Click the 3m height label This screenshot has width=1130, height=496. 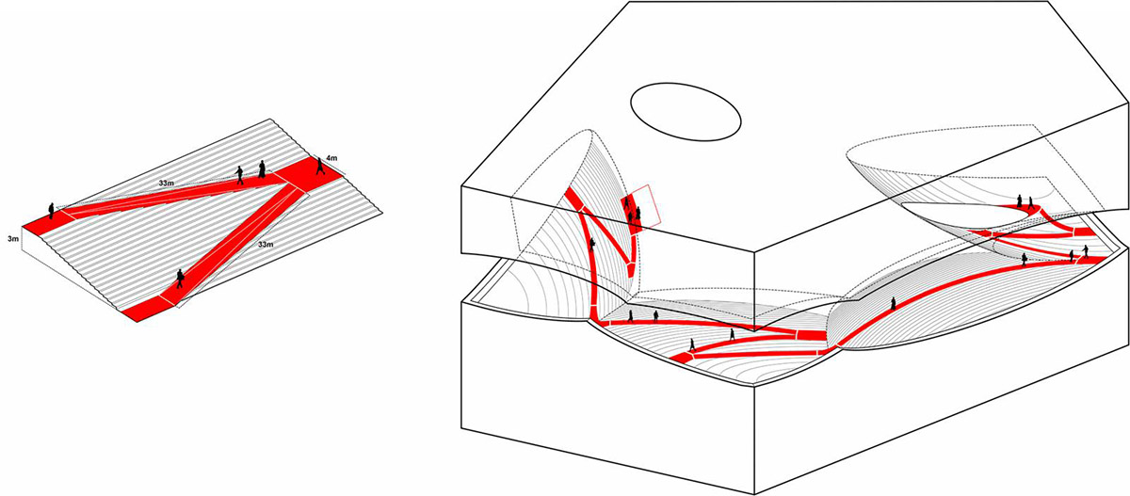tap(13, 238)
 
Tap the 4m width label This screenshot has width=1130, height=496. tap(331, 158)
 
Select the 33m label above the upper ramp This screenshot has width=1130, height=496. tap(167, 183)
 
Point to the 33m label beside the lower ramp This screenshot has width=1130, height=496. tap(266, 245)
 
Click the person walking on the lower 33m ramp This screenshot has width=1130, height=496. tap(180, 279)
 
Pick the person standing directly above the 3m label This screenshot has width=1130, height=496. tap(51, 211)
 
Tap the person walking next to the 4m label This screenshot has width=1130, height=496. tap(320, 166)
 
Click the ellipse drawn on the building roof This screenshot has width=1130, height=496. tap(686, 112)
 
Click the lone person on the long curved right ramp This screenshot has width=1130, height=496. tap(893, 303)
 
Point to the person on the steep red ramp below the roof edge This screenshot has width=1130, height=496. tap(592, 245)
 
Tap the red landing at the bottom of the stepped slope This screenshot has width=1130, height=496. tap(149, 309)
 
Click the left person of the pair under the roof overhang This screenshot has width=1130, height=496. tap(1020, 200)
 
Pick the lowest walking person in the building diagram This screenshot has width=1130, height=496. tap(692, 344)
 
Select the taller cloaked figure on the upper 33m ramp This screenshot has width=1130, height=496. tap(262, 168)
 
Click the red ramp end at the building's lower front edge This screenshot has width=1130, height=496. tap(681, 358)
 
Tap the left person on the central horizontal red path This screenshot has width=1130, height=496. tap(630, 316)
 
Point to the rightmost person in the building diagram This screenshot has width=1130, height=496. tap(1086, 251)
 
